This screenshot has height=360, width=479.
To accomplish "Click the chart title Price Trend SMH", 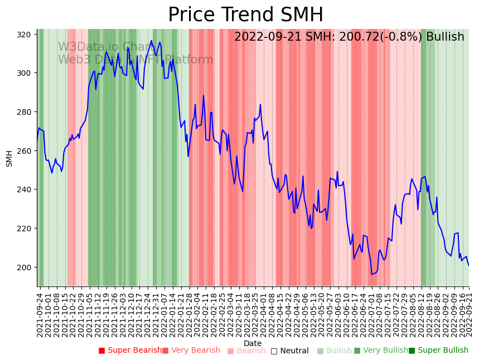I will tap(245, 15).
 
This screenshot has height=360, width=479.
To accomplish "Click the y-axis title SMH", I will tap(9, 158).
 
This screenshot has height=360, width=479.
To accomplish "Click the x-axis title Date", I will tap(253, 343).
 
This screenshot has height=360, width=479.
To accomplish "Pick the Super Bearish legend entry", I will tap(130, 351).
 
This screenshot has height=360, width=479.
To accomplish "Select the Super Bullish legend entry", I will tap(439, 351).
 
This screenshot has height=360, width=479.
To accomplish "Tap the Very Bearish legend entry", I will tap(191, 351).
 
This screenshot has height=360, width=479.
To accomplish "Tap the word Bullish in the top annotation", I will tap(445, 37).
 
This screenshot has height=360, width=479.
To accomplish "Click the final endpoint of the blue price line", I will tap(468, 265).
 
